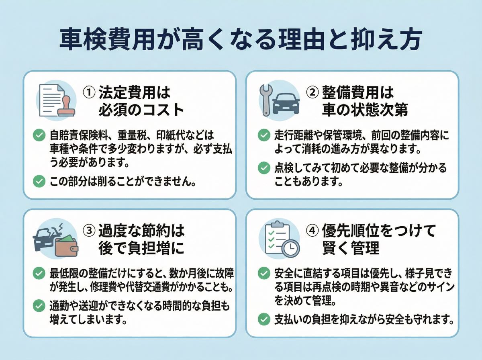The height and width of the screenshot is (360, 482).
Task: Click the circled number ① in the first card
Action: [x=89, y=93]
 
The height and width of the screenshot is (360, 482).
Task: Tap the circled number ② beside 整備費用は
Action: [x=312, y=93]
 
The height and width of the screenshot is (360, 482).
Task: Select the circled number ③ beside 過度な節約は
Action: [x=89, y=230]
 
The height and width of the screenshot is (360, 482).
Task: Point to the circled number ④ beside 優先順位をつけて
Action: [x=312, y=230]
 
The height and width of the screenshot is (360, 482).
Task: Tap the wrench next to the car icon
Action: [x=266, y=100]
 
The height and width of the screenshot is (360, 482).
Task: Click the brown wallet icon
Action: [x=66, y=247]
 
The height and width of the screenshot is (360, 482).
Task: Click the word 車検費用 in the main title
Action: [x=107, y=39]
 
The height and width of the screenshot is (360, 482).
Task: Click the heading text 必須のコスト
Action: [x=141, y=110]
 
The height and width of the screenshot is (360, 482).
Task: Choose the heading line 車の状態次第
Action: [x=365, y=110]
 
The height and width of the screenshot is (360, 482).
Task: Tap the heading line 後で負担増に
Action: [x=141, y=248]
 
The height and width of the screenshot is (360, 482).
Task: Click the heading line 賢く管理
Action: [x=351, y=248]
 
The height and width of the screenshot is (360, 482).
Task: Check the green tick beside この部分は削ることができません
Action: [x=39, y=181]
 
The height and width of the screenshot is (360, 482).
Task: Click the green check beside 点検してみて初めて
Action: [x=264, y=168]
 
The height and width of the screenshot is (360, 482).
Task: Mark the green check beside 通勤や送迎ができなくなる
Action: [x=39, y=306]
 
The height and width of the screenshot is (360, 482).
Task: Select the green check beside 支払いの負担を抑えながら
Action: [x=264, y=319]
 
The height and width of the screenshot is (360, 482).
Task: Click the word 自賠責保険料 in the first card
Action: [x=79, y=135]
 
